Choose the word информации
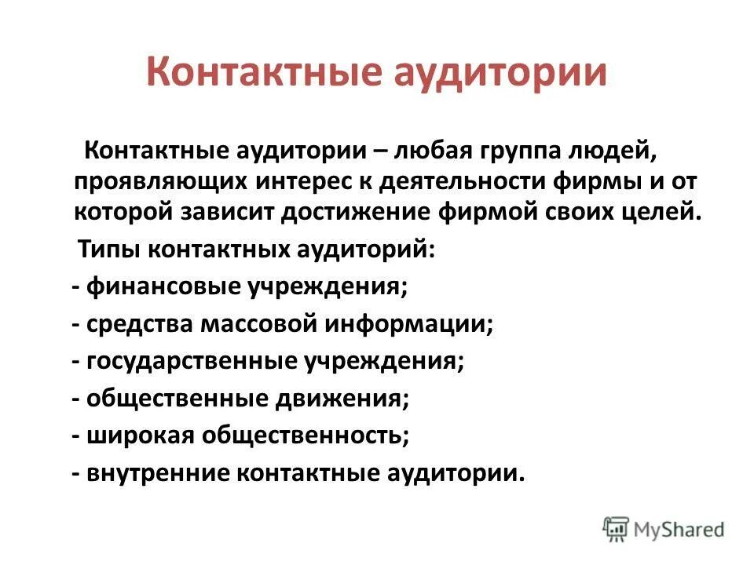(415, 324)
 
